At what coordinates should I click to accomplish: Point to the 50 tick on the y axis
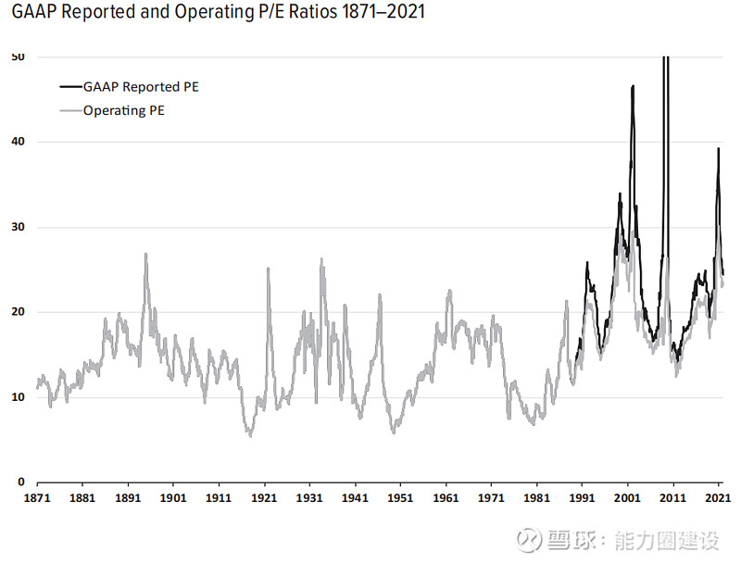click(x=19, y=56)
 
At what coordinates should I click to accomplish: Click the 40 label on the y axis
click(x=19, y=142)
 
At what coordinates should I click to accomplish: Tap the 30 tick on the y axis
click(x=19, y=227)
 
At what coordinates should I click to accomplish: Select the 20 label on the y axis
click(x=19, y=312)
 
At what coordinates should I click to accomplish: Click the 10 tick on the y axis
click(x=19, y=397)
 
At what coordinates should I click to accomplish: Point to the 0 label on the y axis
click(x=21, y=482)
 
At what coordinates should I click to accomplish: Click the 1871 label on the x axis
click(x=37, y=498)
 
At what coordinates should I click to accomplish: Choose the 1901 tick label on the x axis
click(x=173, y=498)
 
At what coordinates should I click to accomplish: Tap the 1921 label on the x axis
click(x=264, y=498)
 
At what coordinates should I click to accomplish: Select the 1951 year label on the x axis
click(x=400, y=498)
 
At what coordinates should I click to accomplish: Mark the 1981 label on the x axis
click(x=536, y=498)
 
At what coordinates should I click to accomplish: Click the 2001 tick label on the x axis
click(x=628, y=498)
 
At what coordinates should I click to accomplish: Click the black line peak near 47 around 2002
click(x=633, y=86)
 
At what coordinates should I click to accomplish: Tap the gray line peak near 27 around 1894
click(x=145, y=254)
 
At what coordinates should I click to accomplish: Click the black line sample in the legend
click(x=70, y=87)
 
